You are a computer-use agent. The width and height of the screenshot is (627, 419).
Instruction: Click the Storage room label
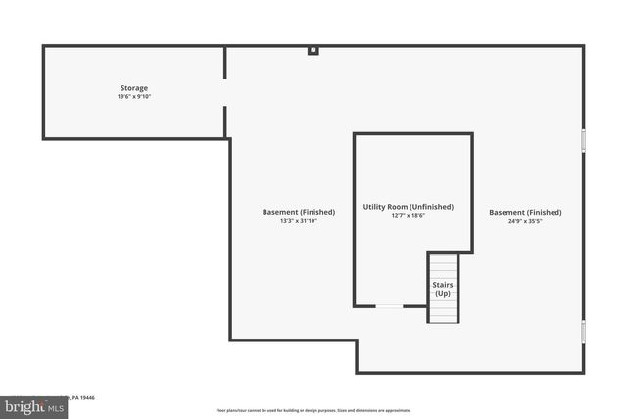click(x=134, y=88)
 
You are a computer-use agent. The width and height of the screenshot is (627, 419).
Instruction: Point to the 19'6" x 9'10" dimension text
click(x=134, y=97)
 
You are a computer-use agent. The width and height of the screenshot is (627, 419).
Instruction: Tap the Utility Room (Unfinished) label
click(x=408, y=207)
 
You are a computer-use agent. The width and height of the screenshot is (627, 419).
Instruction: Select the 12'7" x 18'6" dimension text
click(x=408, y=216)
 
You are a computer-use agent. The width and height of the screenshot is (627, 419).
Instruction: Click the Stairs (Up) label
click(x=443, y=288)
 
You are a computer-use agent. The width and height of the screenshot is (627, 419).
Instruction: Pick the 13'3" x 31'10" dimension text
click(x=299, y=221)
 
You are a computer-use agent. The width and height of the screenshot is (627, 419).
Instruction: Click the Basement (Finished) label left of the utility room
click(x=299, y=212)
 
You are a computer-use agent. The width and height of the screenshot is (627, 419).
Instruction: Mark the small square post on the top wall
click(x=313, y=50)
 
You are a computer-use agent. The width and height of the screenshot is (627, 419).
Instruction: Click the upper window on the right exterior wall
click(x=583, y=139)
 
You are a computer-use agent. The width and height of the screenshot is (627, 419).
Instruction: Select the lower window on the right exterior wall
click(x=583, y=331)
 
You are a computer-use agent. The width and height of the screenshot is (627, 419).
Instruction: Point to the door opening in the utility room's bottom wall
click(x=390, y=306)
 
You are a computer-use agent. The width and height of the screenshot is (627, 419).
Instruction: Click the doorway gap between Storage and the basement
click(x=225, y=92)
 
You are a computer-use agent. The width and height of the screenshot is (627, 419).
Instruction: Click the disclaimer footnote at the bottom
click(x=313, y=410)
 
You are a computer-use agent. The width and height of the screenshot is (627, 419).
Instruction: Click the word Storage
click(x=134, y=88)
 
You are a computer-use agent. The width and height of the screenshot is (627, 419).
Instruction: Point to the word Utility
click(x=373, y=207)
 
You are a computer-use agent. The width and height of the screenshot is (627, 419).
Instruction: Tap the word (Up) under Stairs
click(x=443, y=294)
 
